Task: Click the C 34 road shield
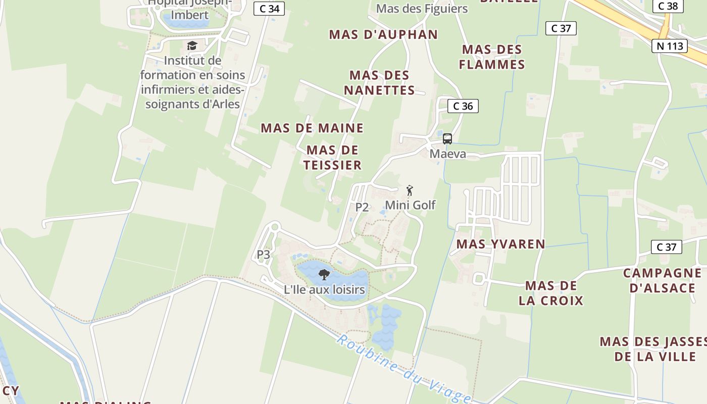click(269, 9)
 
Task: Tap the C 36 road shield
click(463, 106)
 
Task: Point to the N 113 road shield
click(670, 46)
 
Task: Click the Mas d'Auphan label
click(383, 34)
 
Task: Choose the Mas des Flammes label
click(492, 57)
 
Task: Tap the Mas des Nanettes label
click(379, 83)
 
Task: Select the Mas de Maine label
click(312, 128)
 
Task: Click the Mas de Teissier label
click(333, 158)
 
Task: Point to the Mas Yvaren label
click(500, 244)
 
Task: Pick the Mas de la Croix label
click(551, 293)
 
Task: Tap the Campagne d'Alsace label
click(662, 281)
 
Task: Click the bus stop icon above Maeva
click(447, 139)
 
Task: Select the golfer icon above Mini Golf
click(410, 191)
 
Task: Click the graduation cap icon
click(192, 46)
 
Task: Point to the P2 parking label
click(362, 207)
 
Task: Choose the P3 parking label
click(264, 255)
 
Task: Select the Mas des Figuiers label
click(422, 9)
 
